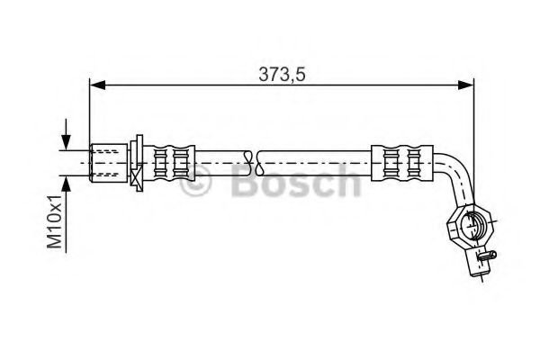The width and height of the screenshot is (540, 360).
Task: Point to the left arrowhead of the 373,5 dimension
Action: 96,86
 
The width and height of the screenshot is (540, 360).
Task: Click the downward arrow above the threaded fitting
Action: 65,142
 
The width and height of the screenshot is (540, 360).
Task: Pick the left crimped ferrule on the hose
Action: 171,161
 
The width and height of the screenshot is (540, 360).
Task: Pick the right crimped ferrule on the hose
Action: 397,161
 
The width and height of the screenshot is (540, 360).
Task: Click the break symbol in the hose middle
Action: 258,161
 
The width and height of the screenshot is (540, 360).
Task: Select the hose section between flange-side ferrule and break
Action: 221,161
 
